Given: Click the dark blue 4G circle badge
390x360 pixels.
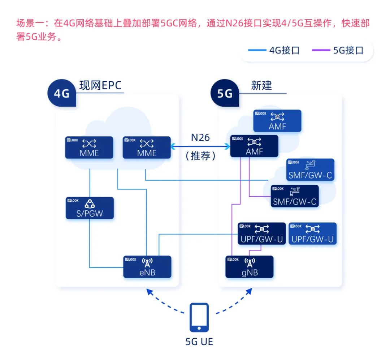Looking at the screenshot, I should coord(62,94).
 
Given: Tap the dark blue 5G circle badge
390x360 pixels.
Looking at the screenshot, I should coord(225,94).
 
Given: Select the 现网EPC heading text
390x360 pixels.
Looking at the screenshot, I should coord(100,86).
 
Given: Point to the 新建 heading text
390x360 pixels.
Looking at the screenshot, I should coord(261,86).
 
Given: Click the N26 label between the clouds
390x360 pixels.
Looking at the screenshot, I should coord(200,137).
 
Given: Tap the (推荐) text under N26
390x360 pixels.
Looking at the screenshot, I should coord(200,156).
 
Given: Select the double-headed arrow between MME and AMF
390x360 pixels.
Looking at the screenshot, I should coord(200,146).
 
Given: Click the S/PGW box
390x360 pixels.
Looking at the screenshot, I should coord(90,208).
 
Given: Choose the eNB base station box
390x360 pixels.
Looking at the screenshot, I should coord(147,267).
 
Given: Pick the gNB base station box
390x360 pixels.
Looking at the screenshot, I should coord(250,267).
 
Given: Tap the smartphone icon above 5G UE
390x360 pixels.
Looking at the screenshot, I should coord(199,317).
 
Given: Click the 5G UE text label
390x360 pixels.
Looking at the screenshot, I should coord(199,341).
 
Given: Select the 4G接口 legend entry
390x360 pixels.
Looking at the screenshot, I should coord(274,50).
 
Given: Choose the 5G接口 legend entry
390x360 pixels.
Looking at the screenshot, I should coord(338,50).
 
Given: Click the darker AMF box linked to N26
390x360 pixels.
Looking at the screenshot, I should coord(254,146).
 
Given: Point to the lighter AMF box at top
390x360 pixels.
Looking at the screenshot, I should coord(277,121).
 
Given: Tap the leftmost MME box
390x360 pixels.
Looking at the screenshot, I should coord(89,147).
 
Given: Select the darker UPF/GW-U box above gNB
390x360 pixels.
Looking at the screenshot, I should coord(261,233).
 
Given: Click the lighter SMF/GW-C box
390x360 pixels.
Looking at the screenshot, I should coord(310,170).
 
